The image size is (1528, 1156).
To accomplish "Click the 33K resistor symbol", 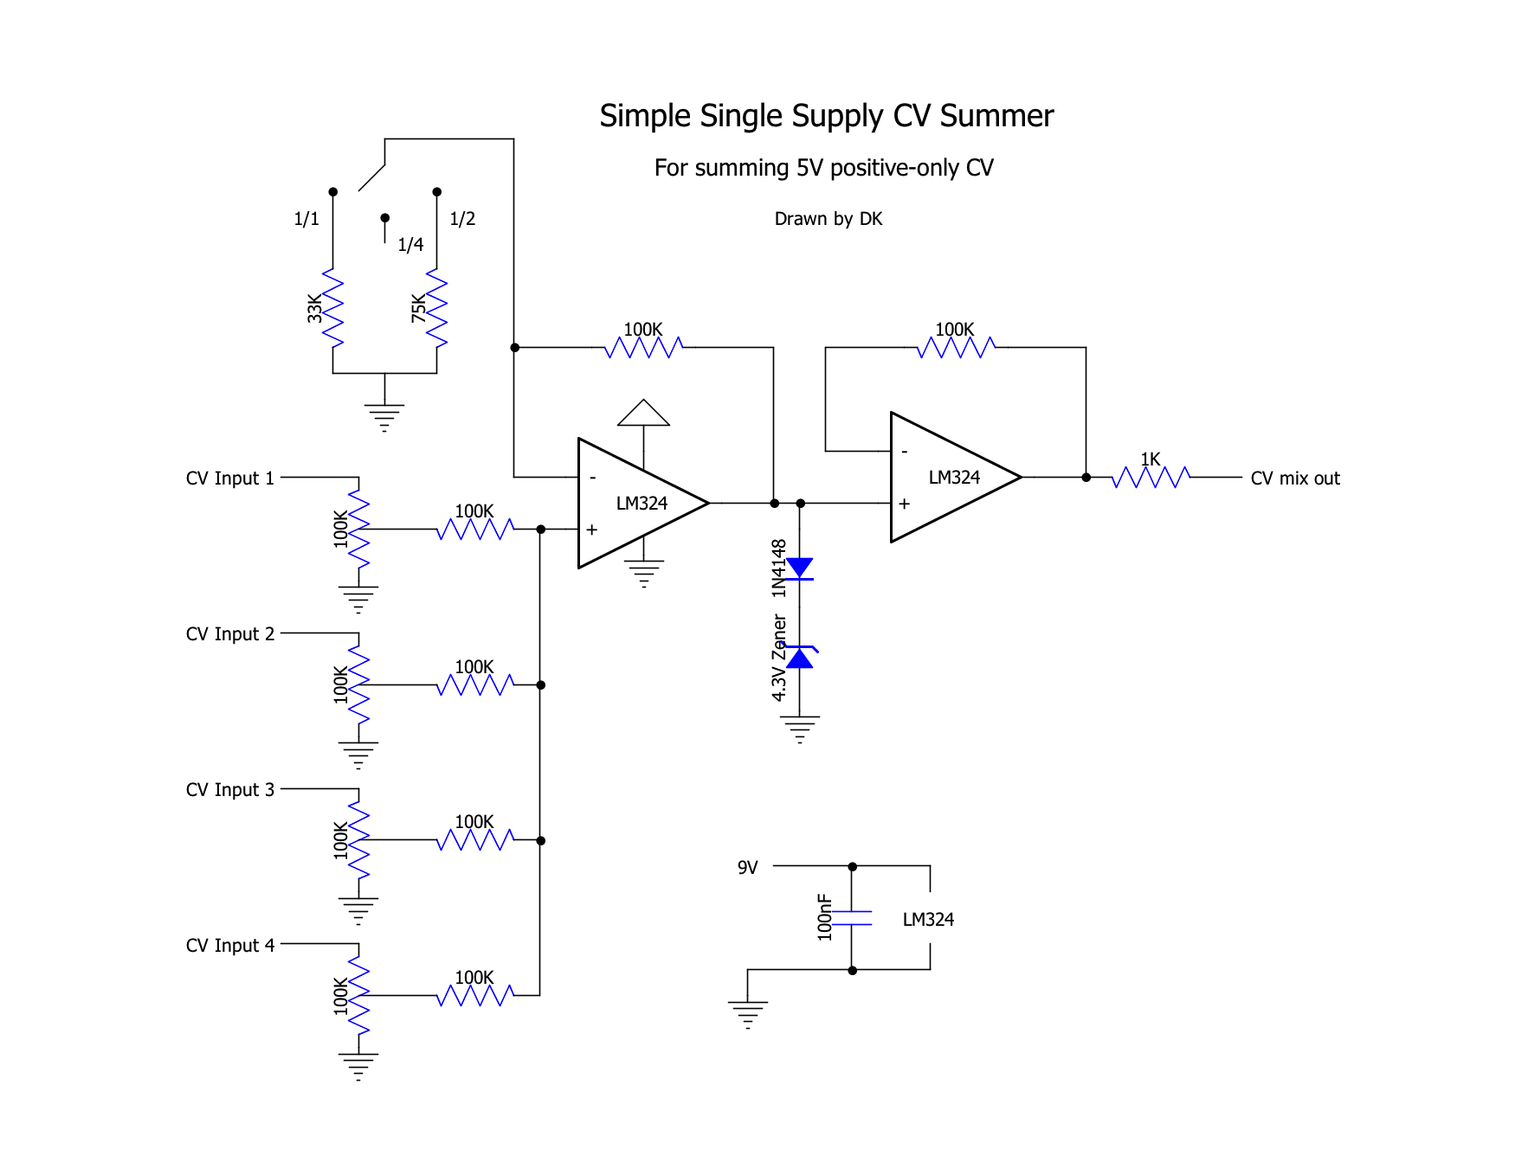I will point(332,309).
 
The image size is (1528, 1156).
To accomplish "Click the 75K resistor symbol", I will point(436,309).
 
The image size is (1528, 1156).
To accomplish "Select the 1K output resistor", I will point(1151,477).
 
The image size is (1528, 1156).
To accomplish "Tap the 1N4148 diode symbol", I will point(799,568).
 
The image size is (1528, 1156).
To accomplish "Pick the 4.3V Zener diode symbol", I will point(799,658).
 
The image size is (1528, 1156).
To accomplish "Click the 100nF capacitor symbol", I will point(852,918).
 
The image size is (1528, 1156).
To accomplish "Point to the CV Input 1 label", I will point(229,478).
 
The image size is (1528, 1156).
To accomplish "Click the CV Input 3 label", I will point(229,790).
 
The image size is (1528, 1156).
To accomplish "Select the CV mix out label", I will point(1294,478).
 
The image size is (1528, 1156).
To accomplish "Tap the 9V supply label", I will point(747,868).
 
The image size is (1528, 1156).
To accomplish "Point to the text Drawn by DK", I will point(828,219).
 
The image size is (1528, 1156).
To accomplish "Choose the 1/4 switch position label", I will point(410,245).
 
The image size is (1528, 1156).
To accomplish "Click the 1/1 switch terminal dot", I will point(332,191).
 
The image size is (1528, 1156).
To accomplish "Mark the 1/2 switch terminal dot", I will point(436,191).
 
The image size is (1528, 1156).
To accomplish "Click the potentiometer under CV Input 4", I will point(358,995).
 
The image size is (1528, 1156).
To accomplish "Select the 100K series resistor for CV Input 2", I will point(475,684).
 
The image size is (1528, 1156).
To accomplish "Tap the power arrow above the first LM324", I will point(643,413).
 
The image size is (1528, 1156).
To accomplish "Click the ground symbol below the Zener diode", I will point(799,729).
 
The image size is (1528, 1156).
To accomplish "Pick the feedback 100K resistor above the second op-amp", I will point(956,347).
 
